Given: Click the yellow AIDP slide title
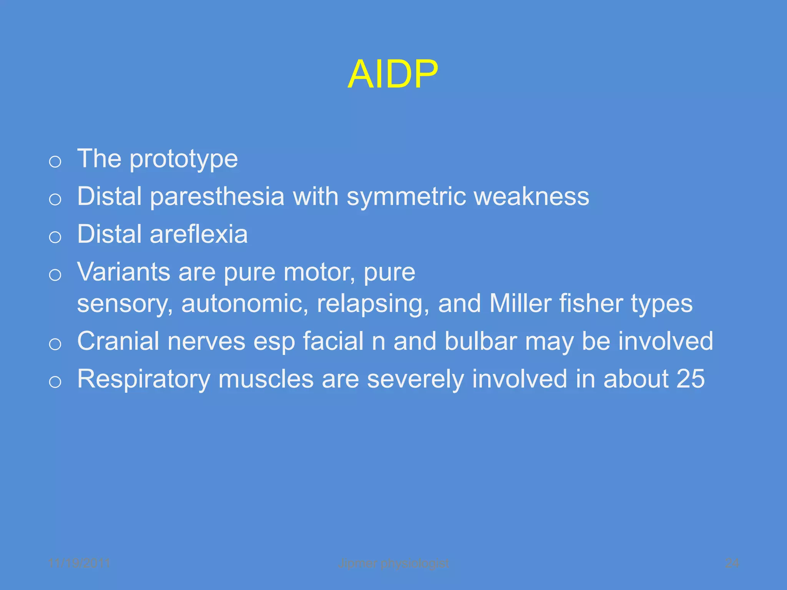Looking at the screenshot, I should (392, 75).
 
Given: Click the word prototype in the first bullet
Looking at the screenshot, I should (184, 159).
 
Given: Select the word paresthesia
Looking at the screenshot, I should (217, 197).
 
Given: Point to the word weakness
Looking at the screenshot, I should (531, 197).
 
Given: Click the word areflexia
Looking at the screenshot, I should (199, 234).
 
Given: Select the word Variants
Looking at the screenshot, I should (124, 272).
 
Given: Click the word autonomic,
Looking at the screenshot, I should (245, 303).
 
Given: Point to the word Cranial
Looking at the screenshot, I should (118, 341).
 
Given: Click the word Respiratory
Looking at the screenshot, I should (144, 379).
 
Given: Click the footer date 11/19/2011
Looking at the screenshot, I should (80, 563).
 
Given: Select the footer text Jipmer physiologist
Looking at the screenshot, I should (393, 563).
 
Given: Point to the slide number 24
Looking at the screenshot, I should (732, 563).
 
